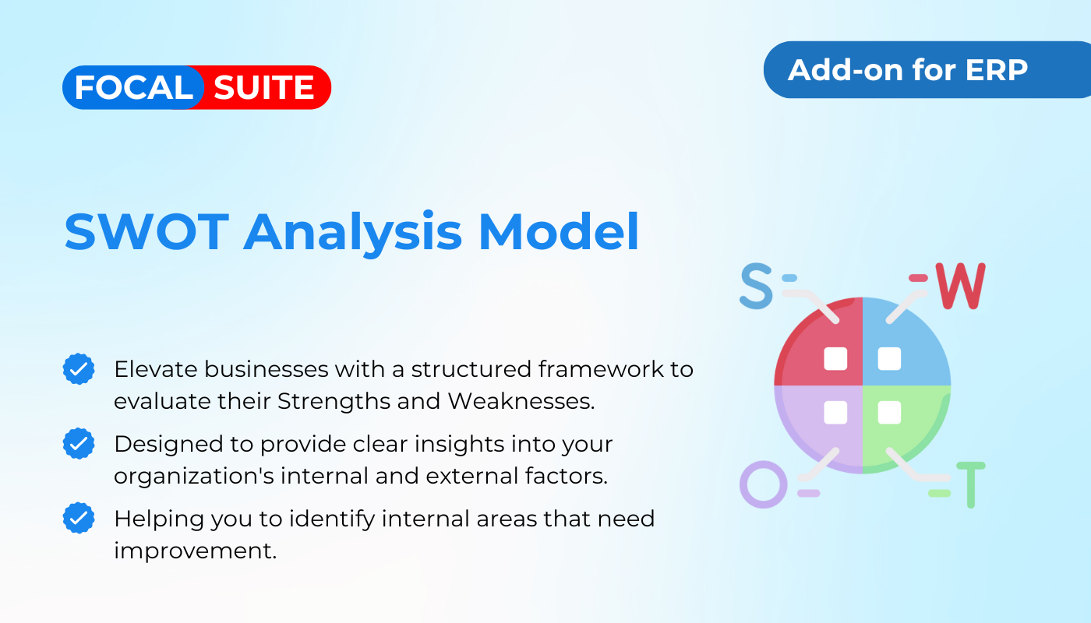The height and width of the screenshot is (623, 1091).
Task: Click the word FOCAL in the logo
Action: coord(134,87)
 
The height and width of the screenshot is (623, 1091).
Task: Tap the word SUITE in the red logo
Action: coord(264,87)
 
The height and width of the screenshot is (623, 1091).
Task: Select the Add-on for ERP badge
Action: coord(927,69)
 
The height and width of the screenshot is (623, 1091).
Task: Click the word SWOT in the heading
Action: coord(147,232)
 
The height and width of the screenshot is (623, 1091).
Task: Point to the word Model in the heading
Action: coord(559,232)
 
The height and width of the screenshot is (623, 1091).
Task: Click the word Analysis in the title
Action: coord(352,234)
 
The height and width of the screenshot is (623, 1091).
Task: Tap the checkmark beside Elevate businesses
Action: coord(79,369)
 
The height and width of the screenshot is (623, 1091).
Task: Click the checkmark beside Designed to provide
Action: coord(79,443)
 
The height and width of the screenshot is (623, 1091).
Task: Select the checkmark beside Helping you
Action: coord(79,518)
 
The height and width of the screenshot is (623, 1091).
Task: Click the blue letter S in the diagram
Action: coord(756,286)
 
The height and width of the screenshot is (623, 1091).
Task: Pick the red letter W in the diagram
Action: coord(960,287)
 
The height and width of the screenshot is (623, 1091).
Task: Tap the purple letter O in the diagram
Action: coord(763,484)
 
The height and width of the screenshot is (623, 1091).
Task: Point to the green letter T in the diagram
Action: coord(971,485)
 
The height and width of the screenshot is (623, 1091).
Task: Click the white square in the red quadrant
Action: coord(835,359)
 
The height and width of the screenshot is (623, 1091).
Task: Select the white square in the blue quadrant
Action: coord(889,359)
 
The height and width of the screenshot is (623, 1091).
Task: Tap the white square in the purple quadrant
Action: coord(835,413)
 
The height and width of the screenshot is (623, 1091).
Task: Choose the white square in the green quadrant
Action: coord(889,413)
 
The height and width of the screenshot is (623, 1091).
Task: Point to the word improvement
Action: coord(196,551)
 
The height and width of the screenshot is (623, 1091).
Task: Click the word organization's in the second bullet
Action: coord(194,477)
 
